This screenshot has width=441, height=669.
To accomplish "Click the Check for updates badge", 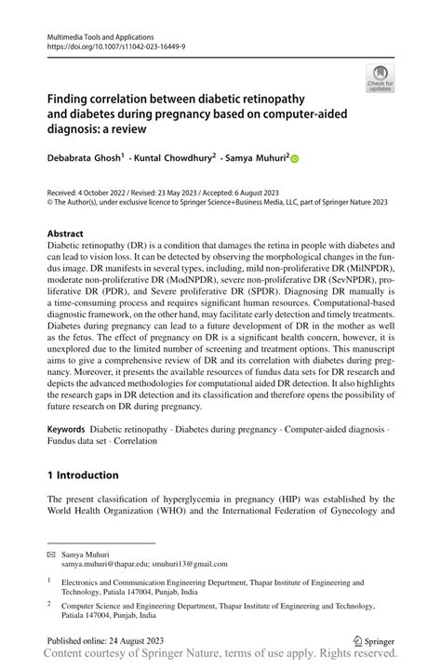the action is [380, 78].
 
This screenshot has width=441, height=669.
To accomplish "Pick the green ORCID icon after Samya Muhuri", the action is [295, 159].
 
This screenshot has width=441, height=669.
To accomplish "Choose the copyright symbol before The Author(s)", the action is [50, 201].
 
